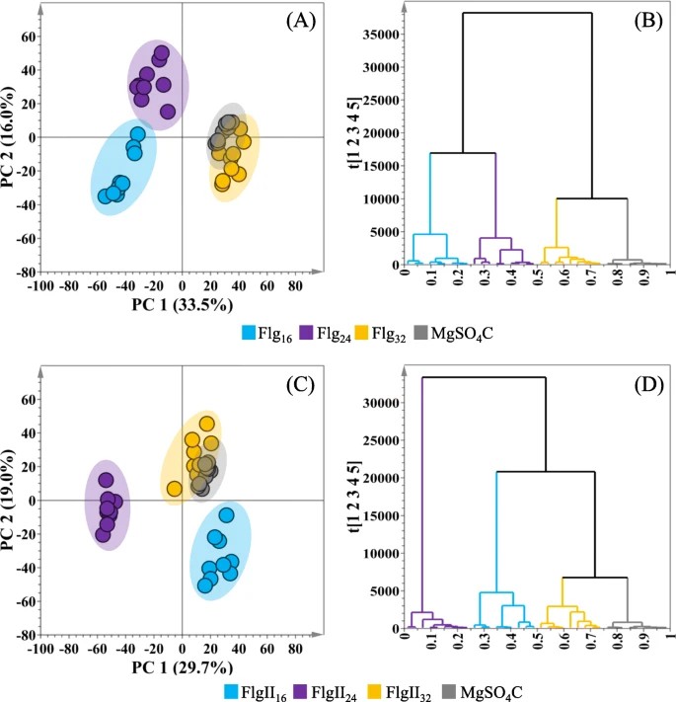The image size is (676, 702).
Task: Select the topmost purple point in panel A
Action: pyautogui.click(x=162, y=52)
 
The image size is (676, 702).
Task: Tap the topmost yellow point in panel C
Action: pyautogui.click(x=207, y=424)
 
